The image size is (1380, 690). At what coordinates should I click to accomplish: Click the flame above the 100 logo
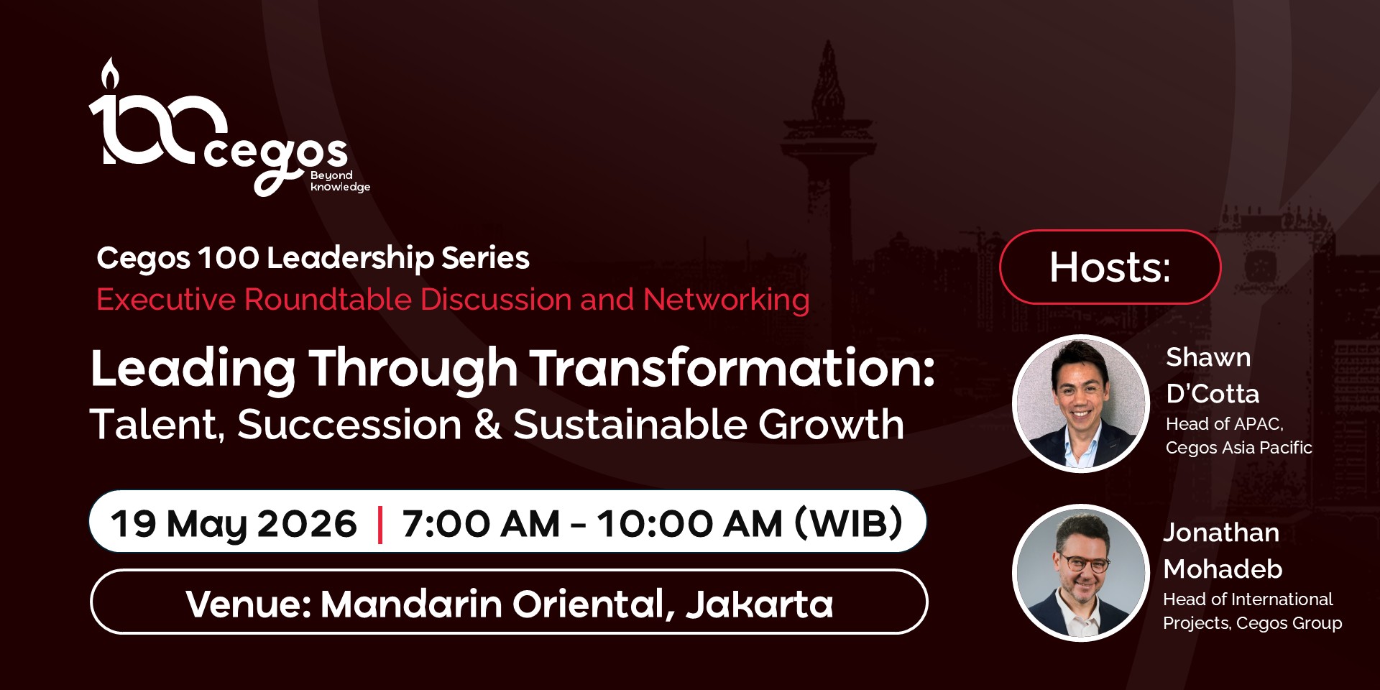(109, 73)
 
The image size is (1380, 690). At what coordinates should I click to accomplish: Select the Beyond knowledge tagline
(340, 181)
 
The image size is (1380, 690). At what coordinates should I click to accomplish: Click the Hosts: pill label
(1110, 267)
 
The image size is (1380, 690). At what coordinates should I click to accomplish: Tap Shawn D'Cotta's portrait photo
(1080, 403)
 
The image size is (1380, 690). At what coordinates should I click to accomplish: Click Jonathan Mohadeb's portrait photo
(1080, 573)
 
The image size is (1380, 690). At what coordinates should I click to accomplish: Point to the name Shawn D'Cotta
(1213, 375)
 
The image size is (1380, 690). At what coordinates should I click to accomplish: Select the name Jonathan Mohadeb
(1223, 551)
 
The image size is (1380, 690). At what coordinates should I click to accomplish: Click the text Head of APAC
(1224, 424)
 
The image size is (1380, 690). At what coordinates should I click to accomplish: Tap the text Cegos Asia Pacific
(1238, 448)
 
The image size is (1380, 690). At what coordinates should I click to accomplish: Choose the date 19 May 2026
(234, 523)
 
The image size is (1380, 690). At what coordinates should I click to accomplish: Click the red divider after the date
(379, 524)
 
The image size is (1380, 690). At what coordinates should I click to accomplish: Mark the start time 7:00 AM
(481, 523)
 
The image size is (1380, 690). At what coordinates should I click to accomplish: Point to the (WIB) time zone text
(849, 523)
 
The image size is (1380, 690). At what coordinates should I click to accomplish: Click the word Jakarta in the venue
(760, 604)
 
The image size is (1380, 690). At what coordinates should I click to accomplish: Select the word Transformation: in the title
(732, 368)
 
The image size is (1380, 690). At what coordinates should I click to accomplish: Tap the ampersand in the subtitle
(487, 424)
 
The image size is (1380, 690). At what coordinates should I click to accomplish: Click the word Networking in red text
(727, 300)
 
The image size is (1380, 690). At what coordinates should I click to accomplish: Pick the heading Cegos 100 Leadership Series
(313, 259)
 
